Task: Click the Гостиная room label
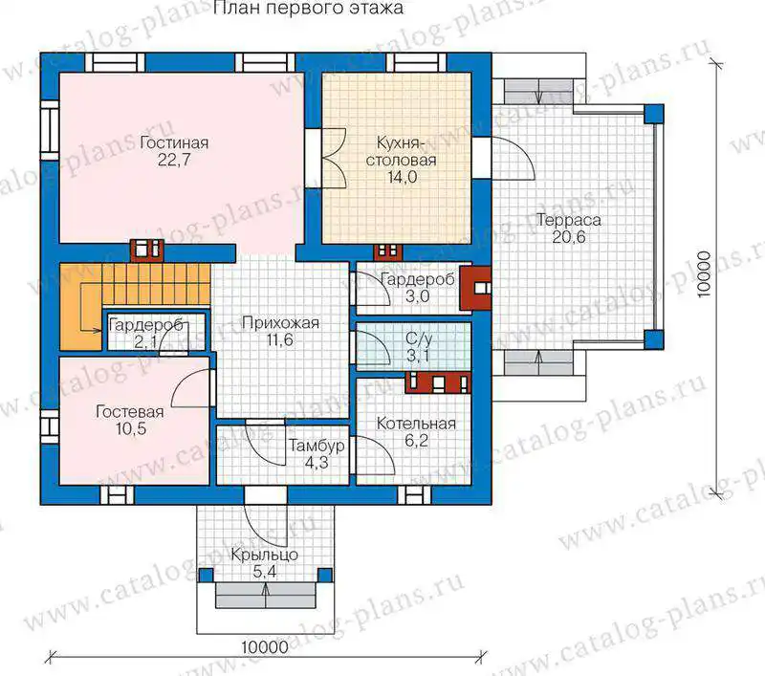pyautogui.click(x=174, y=142)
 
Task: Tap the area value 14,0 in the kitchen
pyautogui.click(x=402, y=177)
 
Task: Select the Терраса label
pyautogui.click(x=568, y=221)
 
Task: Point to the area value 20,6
pyautogui.click(x=568, y=237)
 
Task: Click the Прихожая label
pyautogui.click(x=280, y=323)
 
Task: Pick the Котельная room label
pyautogui.click(x=416, y=424)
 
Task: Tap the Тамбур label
pyautogui.click(x=317, y=446)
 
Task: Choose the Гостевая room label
pyautogui.click(x=130, y=412)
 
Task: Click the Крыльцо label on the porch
pyautogui.click(x=265, y=555)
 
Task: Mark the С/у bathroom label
pyautogui.click(x=419, y=338)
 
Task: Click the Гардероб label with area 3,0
pyautogui.click(x=417, y=279)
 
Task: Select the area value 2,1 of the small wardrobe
pyautogui.click(x=145, y=342)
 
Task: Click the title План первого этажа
pyautogui.click(x=308, y=8)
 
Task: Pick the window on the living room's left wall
pyautogui.click(x=50, y=131)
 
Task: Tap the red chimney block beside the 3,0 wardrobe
pyautogui.click(x=475, y=288)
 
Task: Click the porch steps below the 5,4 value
pyautogui.click(x=266, y=596)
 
